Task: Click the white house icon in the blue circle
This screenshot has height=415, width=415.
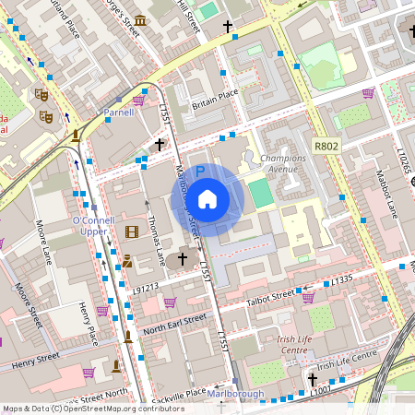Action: point(207,199)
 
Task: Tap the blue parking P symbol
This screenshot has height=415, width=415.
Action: point(199,171)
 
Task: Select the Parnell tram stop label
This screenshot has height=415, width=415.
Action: point(119,113)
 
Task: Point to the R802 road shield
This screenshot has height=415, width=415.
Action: point(326,146)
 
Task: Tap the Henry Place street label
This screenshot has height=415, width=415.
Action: point(88,318)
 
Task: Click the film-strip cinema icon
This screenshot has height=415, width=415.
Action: point(131,231)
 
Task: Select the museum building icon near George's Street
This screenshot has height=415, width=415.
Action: point(139,21)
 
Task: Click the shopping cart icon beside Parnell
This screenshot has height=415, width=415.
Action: point(138,100)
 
